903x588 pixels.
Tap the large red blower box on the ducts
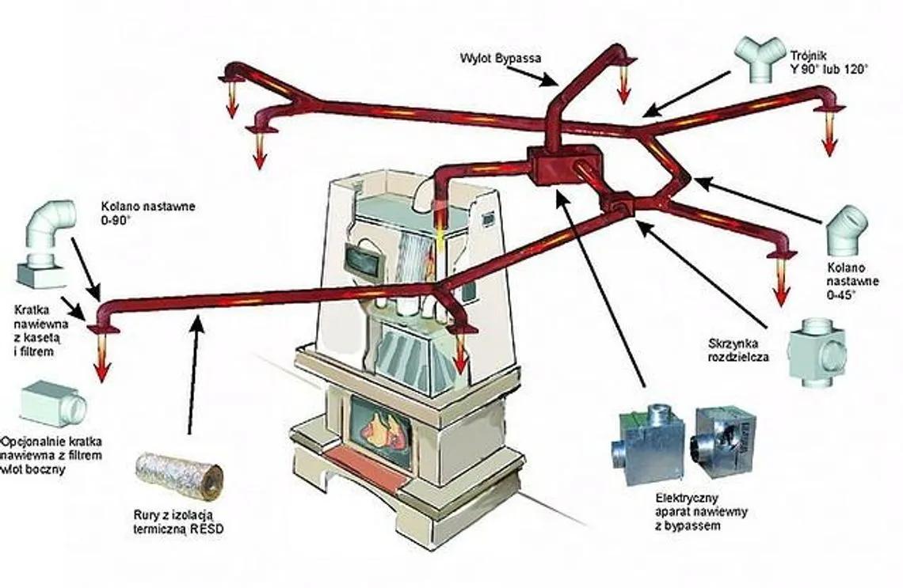(558, 168)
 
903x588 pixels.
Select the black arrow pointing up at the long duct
(192, 372)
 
